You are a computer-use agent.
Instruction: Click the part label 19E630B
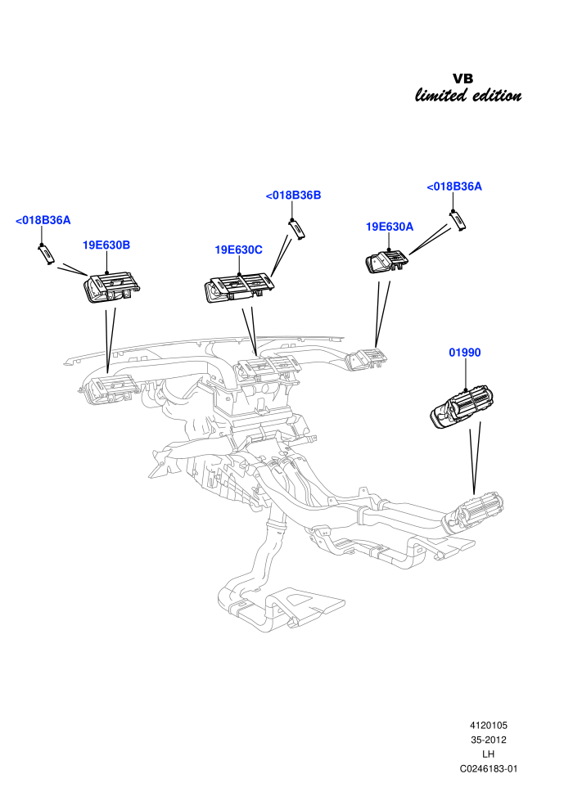coord(106,245)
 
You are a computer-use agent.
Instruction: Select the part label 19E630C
coord(239,250)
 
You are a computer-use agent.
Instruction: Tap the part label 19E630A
coord(390,227)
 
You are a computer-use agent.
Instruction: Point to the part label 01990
coord(464,353)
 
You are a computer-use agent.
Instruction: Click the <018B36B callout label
coord(294,196)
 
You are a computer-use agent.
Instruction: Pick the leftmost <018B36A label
coord(43,220)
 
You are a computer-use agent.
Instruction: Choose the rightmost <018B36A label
coord(454,187)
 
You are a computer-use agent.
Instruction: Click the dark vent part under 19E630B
coord(112,288)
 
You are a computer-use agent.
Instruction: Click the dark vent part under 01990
coord(462,407)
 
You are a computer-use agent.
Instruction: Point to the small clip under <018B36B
coord(296,229)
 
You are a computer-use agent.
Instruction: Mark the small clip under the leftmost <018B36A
coord(46,254)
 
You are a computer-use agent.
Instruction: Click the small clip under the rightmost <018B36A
coord(458,221)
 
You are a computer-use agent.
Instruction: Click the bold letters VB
coord(463,79)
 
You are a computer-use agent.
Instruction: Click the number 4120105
coord(488,725)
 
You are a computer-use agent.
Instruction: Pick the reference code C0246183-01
coord(488,768)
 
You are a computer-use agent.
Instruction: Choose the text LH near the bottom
coord(488,754)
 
